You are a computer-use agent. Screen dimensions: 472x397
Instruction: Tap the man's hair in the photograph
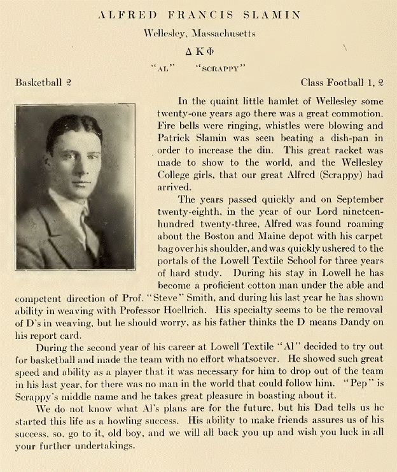click(x=74, y=127)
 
